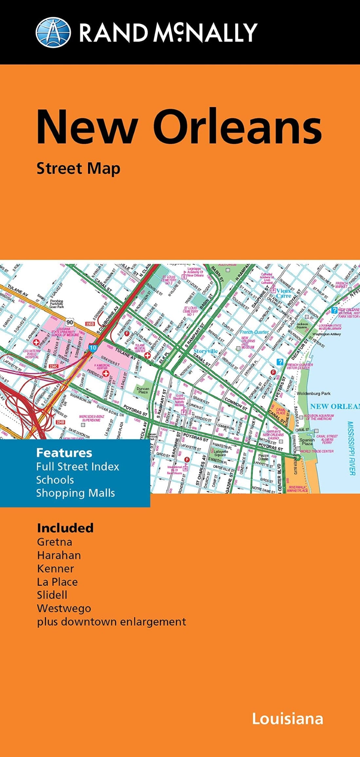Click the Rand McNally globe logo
tap(53, 32)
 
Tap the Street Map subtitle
tap(78, 169)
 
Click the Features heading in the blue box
tap(64, 453)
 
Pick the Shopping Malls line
tap(75, 493)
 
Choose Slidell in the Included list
tap(52, 595)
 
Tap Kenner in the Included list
tap(55, 568)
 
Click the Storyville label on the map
tap(206, 351)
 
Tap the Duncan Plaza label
tap(143, 390)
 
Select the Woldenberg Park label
tap(314, 394)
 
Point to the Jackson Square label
tap(301, 325)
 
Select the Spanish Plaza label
tap(307, 442)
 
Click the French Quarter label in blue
tap(254, 332)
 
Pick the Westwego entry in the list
tap(64, 608)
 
